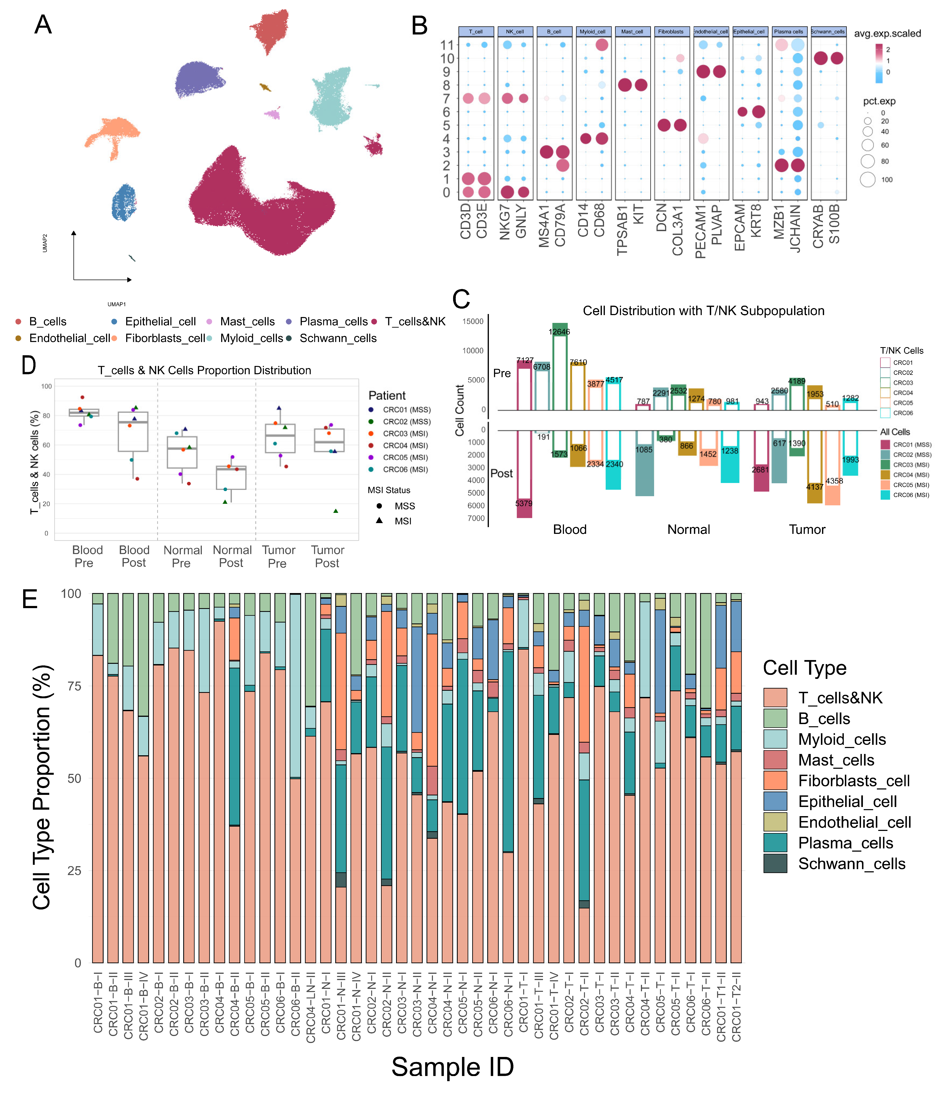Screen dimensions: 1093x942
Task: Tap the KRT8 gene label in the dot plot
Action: coord(756,221)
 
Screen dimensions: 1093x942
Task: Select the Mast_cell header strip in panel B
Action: coord(632,32)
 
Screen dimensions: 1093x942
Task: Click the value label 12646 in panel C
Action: coord(559,332)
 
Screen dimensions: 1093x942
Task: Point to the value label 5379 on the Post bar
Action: coord(524,503)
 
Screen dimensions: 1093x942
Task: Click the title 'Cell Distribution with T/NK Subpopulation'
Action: coord(703,311)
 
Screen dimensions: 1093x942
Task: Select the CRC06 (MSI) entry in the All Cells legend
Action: coord(911,495)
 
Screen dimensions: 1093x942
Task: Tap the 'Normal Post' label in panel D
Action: coord(232,556)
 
